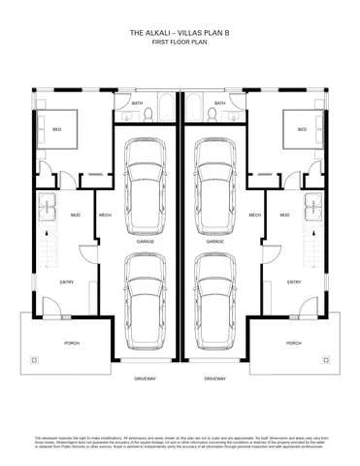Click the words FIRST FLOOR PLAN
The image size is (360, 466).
180,45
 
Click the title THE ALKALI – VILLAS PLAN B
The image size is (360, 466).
180,33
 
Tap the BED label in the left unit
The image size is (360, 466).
57,128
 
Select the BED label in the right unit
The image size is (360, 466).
302,128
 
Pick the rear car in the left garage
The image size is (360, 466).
145,180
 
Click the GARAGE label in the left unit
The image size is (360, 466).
145,241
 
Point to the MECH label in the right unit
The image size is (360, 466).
254,216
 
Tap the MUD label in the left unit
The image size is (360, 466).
75,216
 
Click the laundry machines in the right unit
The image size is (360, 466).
312,207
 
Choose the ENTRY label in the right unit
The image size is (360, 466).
293,283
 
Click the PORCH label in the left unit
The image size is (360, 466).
71,343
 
